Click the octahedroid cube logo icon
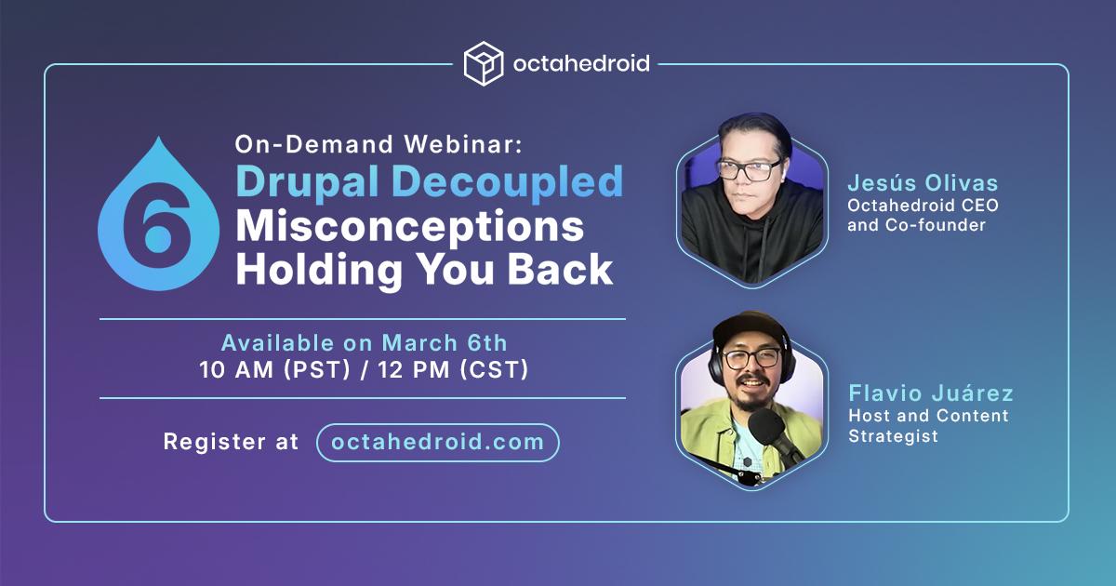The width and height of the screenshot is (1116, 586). pos(484,63)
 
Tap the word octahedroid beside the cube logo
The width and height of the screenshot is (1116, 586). pos(581,64)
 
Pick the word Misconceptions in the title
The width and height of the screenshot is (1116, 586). pos(409,226)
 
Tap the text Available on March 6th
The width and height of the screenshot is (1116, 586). pos(364,342)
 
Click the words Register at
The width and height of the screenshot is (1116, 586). pos(231,442)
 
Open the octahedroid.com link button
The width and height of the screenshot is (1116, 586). pos(437,442)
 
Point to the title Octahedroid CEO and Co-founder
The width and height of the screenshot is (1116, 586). pos(923,215)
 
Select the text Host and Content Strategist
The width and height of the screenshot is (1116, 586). pos(928,425)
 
